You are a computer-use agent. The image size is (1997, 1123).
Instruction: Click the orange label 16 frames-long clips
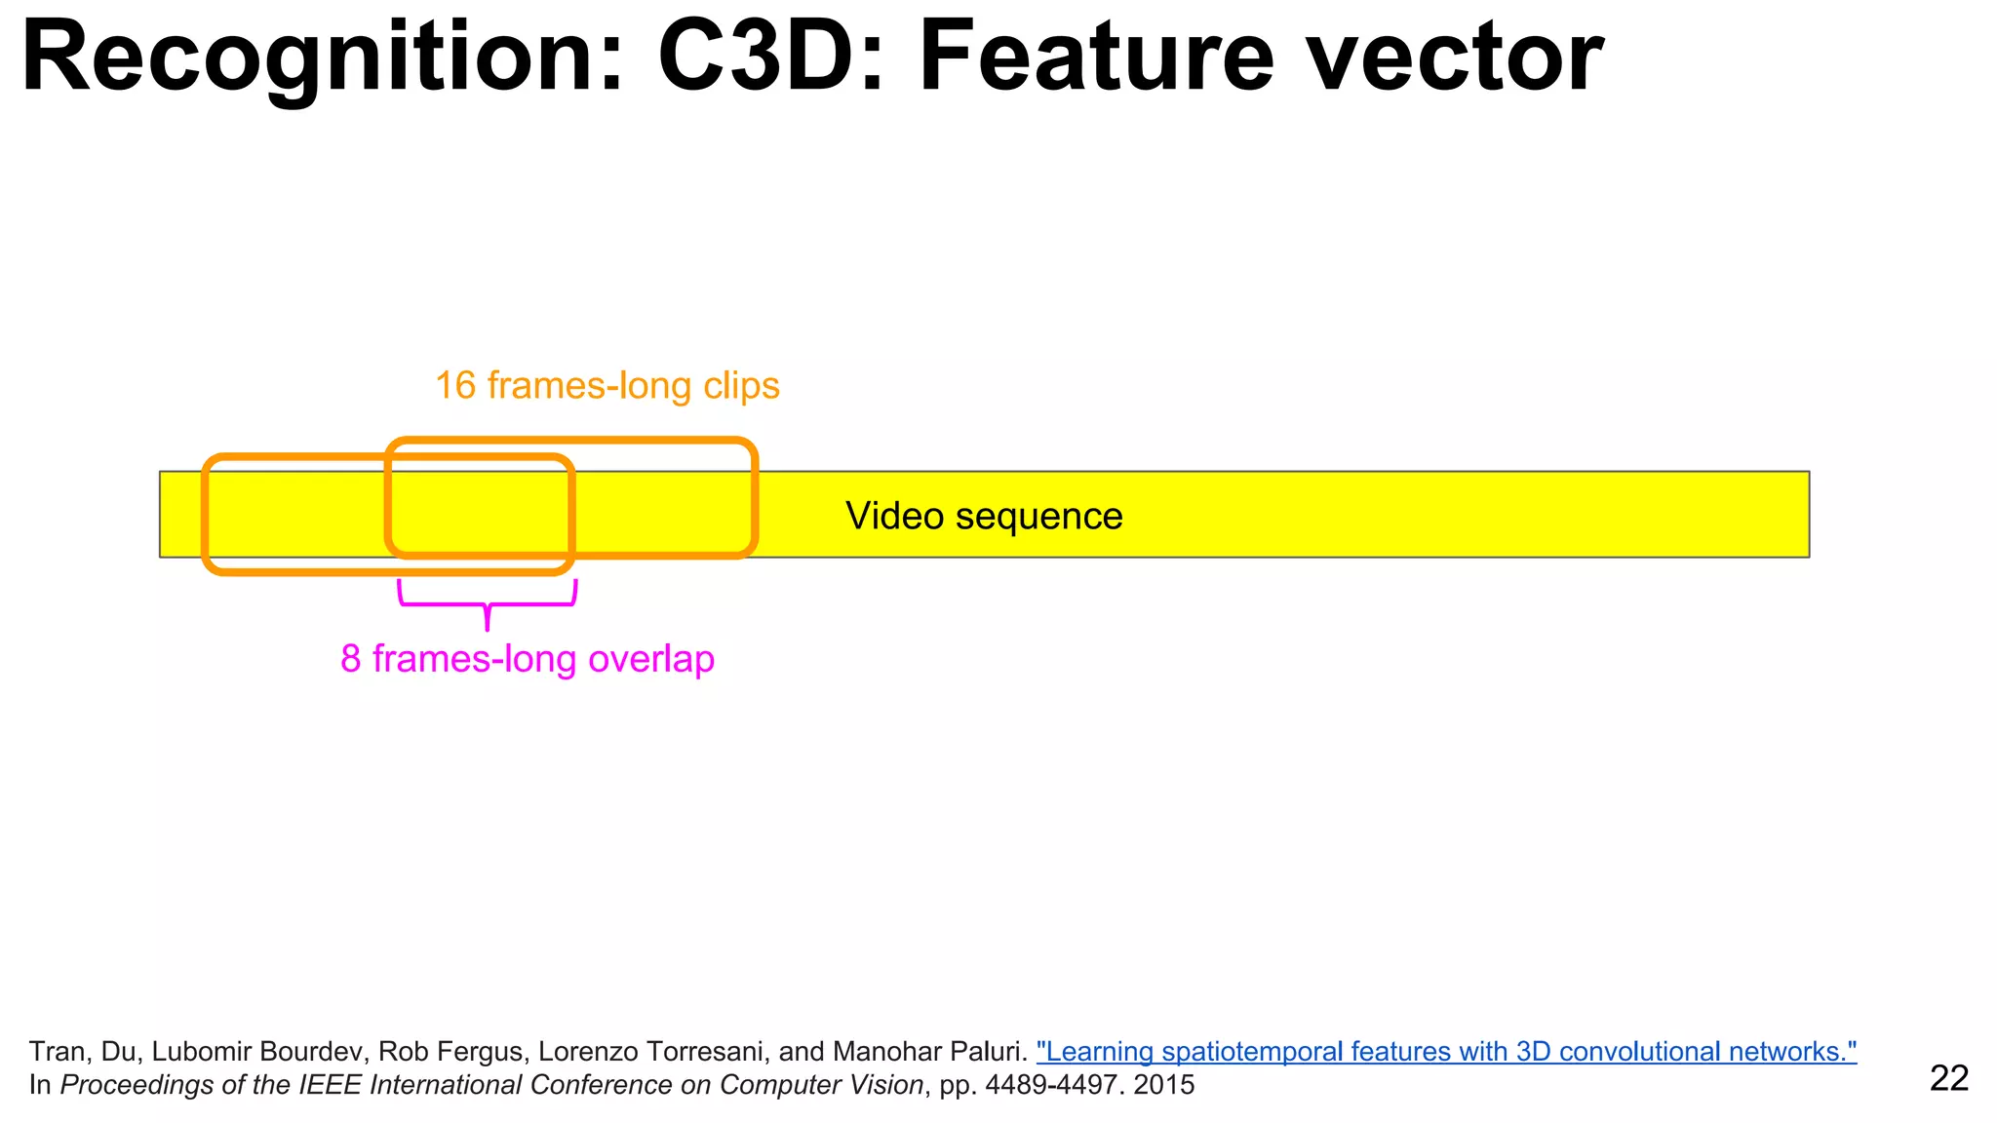pyautogui.click(x=607, y=386)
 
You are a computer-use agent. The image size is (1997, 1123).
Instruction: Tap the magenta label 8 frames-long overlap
pyautogui.click(x=528, y=659)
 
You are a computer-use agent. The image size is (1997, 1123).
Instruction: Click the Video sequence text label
pyautogui.click(x=984, y=516)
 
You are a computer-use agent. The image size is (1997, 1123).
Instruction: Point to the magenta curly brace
pyautogui.click(x=488, y=604)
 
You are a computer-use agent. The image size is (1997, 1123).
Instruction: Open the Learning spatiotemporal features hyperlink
pyautogui.click(x=1446, y=1052)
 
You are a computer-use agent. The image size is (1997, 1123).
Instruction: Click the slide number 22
pyautogui.click(x=1949, y=1078)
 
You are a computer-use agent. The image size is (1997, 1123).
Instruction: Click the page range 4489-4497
pyautogui.click(x=1051, y=1085)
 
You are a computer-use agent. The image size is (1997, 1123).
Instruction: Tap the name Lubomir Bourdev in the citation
pyautogui.click(x=260, y=1052)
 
